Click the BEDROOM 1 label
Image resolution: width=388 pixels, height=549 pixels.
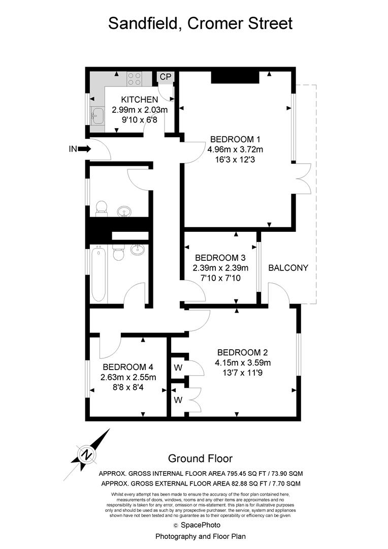(235, 139)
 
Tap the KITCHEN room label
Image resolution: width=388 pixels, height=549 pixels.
(139, 100)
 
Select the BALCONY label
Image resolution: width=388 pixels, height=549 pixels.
(288, 268)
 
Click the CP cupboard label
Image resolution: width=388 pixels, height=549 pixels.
(166, 77)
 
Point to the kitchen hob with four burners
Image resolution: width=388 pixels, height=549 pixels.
(135, 79)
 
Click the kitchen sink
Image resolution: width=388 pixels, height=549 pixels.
(97, 115)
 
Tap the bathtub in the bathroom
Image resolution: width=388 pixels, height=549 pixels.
(99, 273)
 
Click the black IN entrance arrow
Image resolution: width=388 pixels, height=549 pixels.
(84, 149)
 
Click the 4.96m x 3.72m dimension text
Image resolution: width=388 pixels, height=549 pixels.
(235, 149)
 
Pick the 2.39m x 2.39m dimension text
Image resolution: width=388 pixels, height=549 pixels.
(220, 268)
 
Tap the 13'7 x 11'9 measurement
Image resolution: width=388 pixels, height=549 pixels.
(242, 373)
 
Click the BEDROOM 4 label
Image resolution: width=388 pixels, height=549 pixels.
(128, 368)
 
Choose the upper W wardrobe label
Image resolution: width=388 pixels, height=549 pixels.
(178, 368)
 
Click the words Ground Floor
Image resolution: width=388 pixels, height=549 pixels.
(200, 459)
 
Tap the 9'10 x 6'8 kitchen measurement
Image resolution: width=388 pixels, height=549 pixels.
(139, 120)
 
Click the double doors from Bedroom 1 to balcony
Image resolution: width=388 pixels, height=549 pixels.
(303, 179)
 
